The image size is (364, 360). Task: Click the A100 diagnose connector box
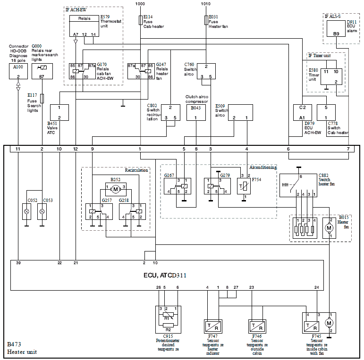point(18,70)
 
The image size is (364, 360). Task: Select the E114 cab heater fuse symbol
point(140,20)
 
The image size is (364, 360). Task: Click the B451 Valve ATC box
point(59,112)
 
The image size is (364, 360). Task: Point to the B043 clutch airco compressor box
point(195,112)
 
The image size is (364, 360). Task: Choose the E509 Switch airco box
point(240,112)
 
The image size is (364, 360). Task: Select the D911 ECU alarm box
point(336,29)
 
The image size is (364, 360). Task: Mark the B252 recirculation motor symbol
point(115,189)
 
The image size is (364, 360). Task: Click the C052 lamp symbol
point(26,211)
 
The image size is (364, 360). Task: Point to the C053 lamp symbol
point(42,211)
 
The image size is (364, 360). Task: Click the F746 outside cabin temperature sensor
point(256,326)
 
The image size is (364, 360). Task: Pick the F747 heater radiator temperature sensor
point(212,326)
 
